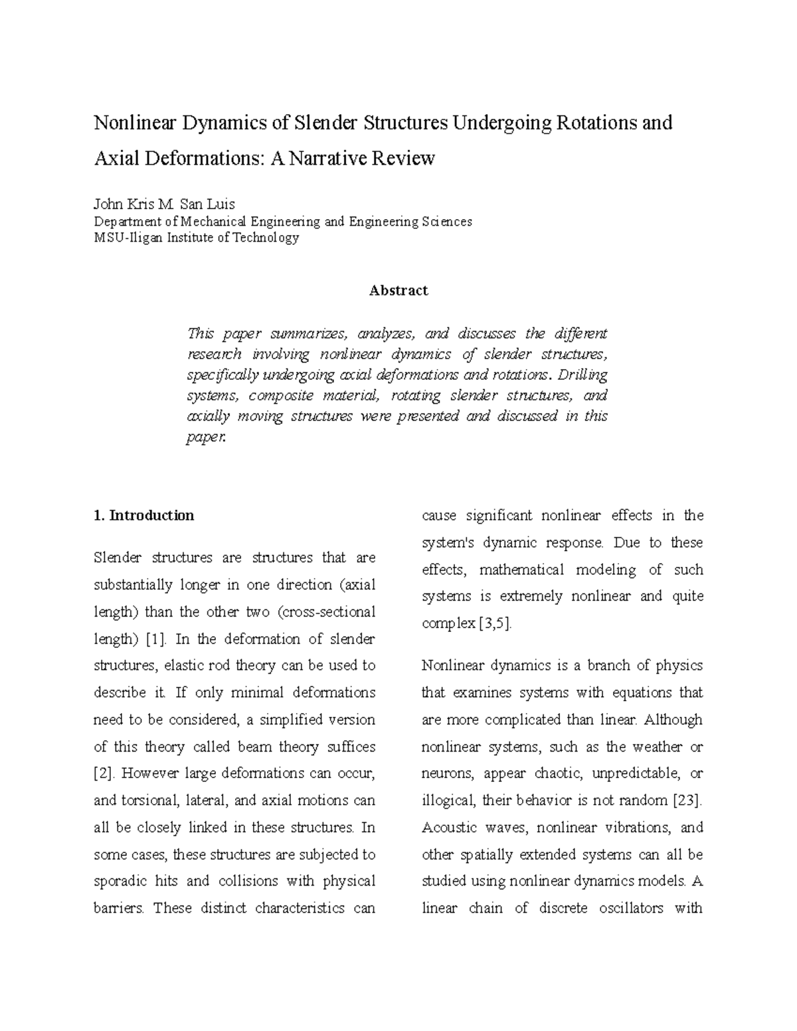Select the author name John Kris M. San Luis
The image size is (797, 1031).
pos(164,204)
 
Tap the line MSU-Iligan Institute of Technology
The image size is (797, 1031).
pos(196,237)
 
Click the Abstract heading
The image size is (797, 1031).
pos(398,290)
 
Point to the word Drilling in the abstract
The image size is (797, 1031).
pos(582,374)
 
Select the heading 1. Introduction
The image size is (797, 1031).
pos(143,515)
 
